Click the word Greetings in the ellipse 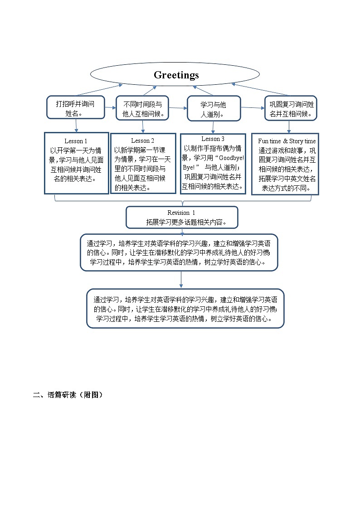point(176,75)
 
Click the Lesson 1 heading point(76,141)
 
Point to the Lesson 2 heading point(143,141)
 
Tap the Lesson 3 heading point(213,139)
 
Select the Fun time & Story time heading point(287,141)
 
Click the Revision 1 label point(181,213)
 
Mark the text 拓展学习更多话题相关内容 point(186,222)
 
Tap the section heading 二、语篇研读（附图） point(68,395)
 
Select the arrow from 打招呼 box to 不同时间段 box point(110,107)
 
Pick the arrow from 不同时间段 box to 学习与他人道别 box point(178,108)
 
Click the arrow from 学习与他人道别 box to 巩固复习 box point(253,108)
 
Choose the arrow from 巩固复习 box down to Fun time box point(289,126)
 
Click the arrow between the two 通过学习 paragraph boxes point(181,279)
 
